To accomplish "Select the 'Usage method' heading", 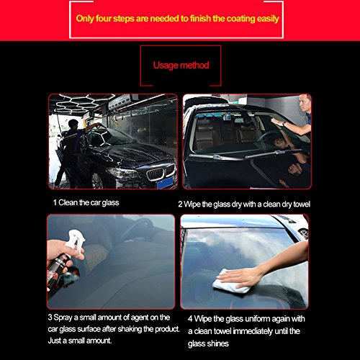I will [x=181, y=65].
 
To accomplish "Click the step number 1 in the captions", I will [x=55, y=203].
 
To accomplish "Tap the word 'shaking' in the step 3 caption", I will [x=126, y=329].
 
